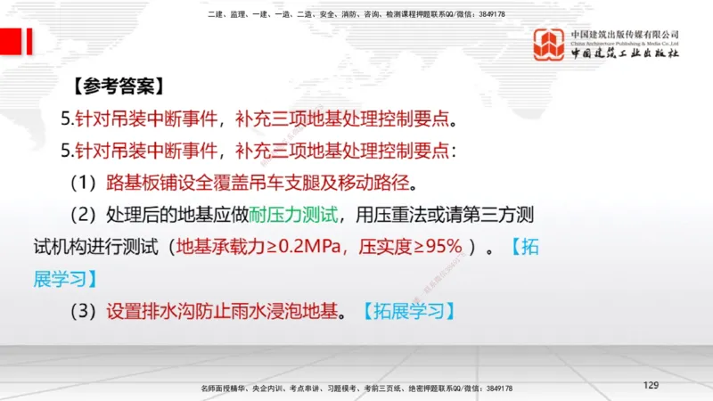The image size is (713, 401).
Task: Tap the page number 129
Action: point(651,385)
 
